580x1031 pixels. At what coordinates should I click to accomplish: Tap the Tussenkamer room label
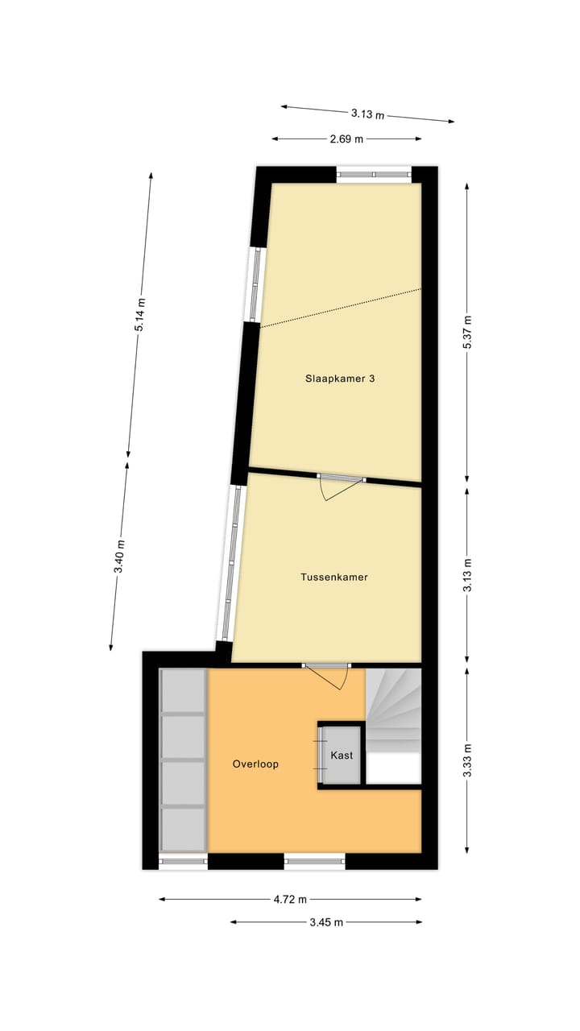click(x=333, y=577)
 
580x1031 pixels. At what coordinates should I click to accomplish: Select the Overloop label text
click(x=255, y=764)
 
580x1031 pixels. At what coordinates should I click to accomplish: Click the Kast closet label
click(x=342, y=756)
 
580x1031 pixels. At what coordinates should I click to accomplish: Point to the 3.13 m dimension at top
click(x=367, y=114)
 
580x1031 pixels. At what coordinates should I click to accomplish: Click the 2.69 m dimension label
click(x=346, y=139)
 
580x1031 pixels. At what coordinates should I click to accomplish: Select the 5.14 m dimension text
click(x=140, y=315)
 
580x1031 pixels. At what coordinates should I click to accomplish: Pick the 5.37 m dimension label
click(x=467, y=331)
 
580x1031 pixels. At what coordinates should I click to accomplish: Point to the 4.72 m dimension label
click(x=290, y=899)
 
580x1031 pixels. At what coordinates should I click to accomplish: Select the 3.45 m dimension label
click(x=326, y=922)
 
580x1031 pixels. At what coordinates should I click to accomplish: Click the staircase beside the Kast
click(x=395, y=709)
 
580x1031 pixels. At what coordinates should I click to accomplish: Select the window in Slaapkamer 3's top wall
click(x=374, y=172)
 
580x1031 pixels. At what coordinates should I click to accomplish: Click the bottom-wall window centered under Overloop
click(x=315, y=862)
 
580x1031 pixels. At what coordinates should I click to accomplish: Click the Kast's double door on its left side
click(x=321, y=755)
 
